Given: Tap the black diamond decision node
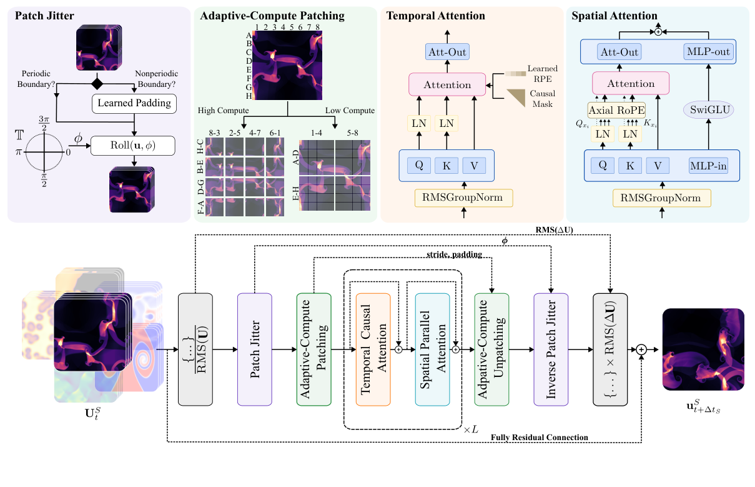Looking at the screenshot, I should coord(96,83).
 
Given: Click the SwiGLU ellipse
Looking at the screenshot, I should coord(709,111).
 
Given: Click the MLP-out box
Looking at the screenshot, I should coord(708,52).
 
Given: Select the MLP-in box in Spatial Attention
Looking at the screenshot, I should coord(708,166).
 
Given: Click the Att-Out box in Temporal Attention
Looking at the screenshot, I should coord(447,52).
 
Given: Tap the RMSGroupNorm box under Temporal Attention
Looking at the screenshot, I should coord(463,198).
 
